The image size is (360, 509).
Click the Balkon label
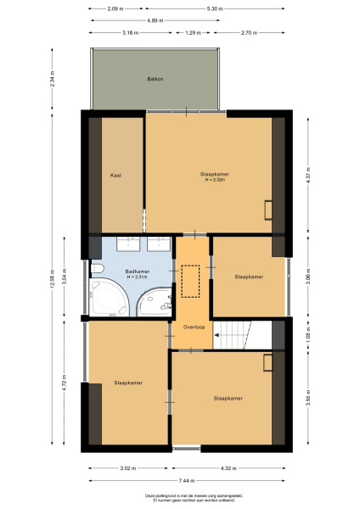(155, 79)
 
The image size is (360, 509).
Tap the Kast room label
(116, 175)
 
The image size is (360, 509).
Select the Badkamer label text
(138, 271)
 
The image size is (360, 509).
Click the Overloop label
(193, 325)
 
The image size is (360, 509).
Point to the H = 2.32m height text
(209, 180)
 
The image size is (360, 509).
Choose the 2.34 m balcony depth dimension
(52, 79)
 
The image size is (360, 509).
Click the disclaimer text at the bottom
(179, 498)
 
